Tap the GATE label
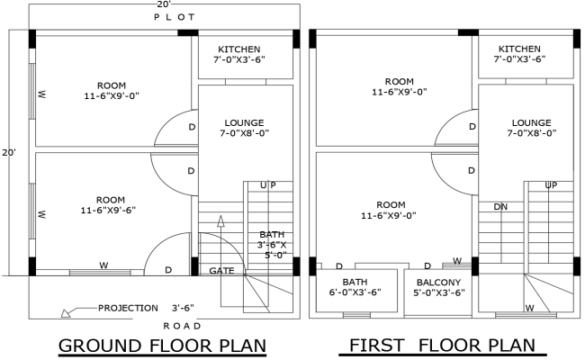pos(221,270)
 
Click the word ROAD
pos(182,325)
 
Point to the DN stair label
pos(501,206)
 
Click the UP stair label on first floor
pos(550,184)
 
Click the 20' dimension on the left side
pos(9,153)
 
